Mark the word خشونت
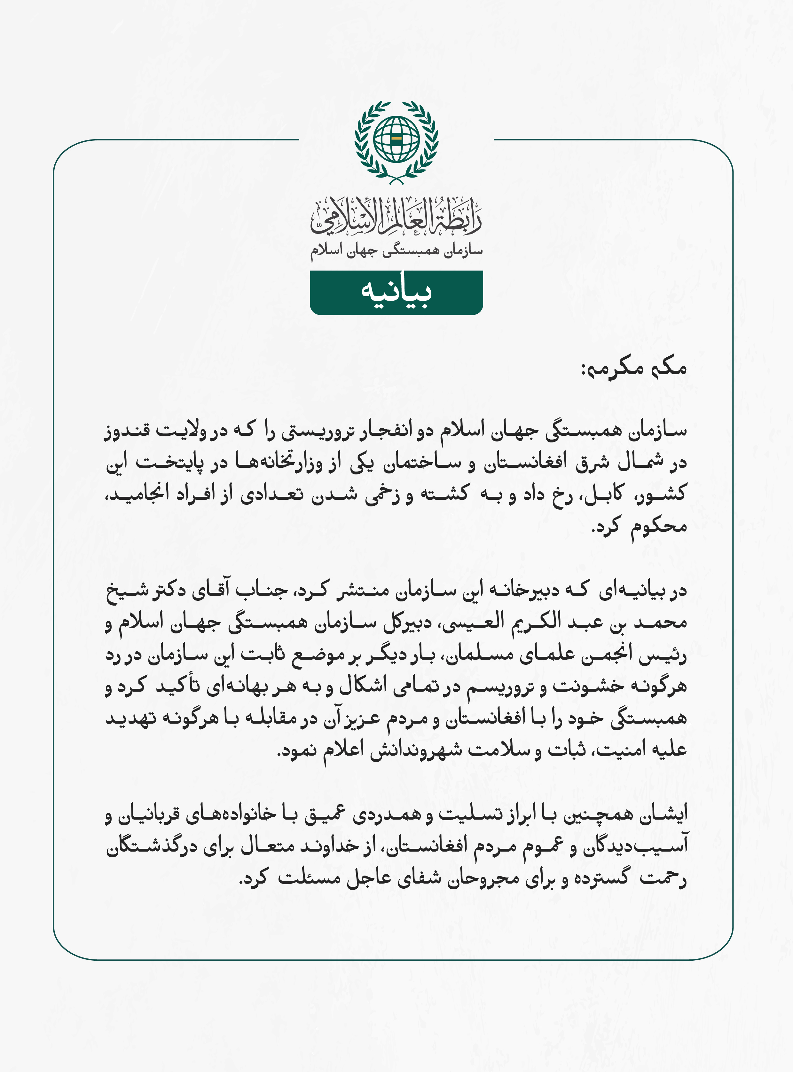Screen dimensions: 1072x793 pos(588,686)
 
